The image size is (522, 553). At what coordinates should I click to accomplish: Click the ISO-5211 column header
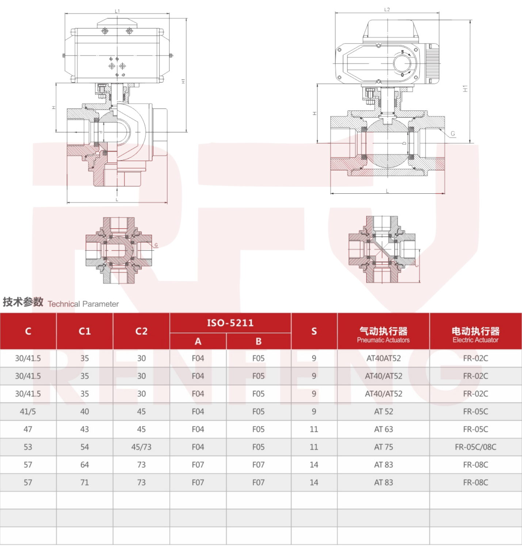coord(230,323)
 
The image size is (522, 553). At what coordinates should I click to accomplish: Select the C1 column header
coord(84,331)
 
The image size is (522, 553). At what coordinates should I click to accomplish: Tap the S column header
coord(314,331)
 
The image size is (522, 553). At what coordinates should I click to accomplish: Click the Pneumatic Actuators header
coord(383,334)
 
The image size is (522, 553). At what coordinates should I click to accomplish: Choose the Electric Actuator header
coord(475,334)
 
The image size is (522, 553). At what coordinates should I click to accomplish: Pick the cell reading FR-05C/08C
coord(475,447)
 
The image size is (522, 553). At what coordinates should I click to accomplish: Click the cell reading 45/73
coord(141,447)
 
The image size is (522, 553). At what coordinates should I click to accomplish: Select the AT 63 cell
coord(383,429)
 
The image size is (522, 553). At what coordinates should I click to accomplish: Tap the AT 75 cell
coord(383,447)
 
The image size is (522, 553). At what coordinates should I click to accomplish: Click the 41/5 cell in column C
coord(28,412)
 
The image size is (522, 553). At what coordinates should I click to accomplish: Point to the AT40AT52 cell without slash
coord(383,358)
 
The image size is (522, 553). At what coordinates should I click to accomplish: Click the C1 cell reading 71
coord(84,482)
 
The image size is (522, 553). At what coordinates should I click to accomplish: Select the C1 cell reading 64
coord(84,465)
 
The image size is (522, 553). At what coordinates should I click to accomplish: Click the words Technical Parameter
coord(83,304)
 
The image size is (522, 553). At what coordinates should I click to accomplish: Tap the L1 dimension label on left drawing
coord(117,11)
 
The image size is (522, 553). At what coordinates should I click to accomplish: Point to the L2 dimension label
coord(387,10)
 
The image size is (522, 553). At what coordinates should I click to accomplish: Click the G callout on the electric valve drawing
coord(453,133)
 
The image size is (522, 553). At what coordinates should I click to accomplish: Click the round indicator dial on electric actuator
coord(402,64)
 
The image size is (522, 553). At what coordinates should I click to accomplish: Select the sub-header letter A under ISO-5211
coord(198,341)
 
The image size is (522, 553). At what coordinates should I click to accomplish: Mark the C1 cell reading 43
coord(84,429)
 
